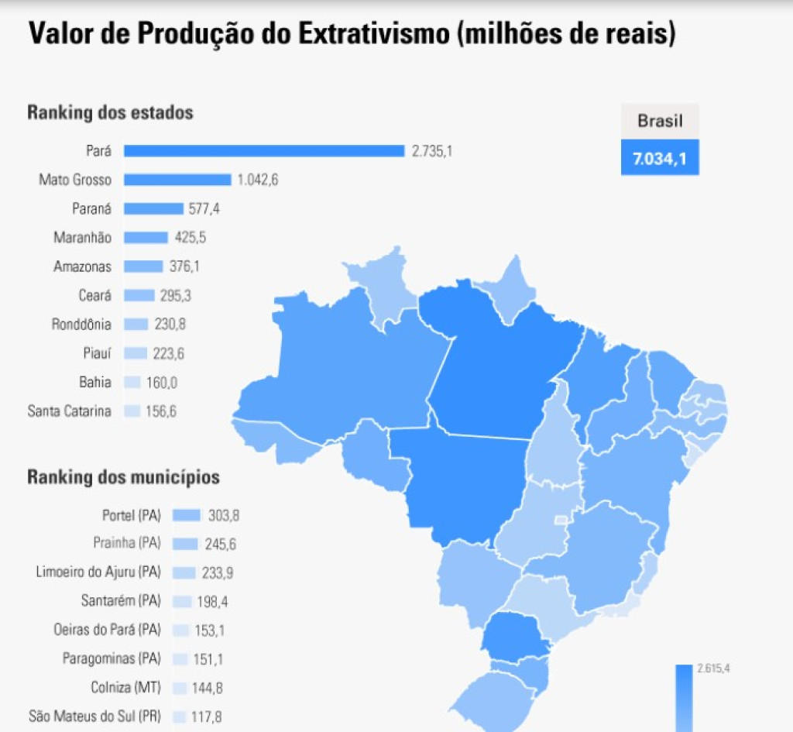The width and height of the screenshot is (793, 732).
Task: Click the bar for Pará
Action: (263, 151)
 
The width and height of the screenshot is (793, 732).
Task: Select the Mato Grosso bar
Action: (177, 180)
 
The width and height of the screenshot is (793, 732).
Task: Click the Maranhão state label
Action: (82, 237)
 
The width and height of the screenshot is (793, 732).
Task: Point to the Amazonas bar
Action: (143, 266)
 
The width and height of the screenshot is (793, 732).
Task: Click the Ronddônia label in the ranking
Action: (81, 325)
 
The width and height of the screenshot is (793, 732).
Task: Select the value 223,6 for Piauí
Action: (169, 353)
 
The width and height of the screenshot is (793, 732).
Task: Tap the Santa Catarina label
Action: (69, 411)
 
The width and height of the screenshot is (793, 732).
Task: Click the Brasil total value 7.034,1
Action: (660, 160)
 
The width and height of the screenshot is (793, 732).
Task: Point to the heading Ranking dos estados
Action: (110, 112)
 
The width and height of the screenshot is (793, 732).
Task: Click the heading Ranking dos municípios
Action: (123, 476)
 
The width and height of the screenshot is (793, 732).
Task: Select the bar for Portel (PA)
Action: (187, 515)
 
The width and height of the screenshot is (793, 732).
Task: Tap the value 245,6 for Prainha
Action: (221, 545)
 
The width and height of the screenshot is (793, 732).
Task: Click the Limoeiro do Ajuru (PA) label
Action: (98, 572)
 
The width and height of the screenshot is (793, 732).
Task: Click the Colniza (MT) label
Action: (125, 687)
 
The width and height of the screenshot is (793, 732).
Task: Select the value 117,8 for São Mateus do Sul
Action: (207, 717)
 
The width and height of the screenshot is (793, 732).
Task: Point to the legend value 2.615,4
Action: (713, 668)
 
